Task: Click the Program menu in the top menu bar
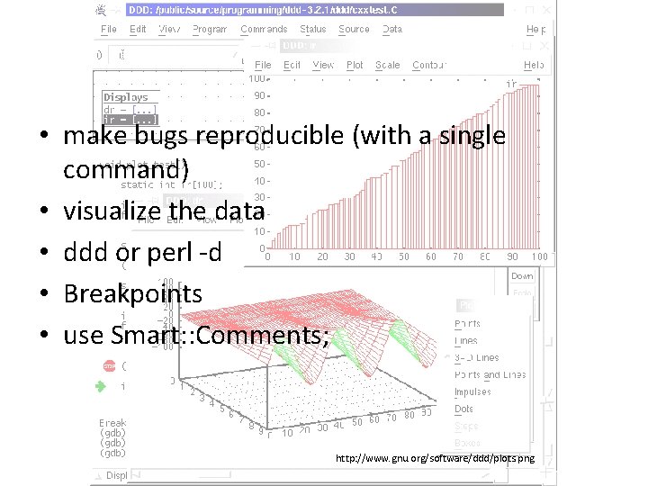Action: pos(210,29)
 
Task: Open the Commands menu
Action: pos(264,29)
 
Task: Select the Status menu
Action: pos(313,29)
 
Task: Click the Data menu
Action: pos(392,29)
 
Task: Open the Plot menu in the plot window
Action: pos(355,65)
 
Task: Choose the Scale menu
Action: pos(387,65)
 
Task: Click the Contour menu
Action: pos(427,65)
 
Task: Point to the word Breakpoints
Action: pos(132,293)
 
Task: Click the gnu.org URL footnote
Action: pos(435,459)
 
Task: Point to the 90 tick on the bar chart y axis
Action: pos(259,95)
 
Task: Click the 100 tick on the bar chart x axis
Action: pos(540,256)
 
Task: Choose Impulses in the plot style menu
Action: pos(472,391)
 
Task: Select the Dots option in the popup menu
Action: pos(464,409)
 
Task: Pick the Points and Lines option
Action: pos(490,374)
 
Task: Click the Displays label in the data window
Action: pos(125,97)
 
